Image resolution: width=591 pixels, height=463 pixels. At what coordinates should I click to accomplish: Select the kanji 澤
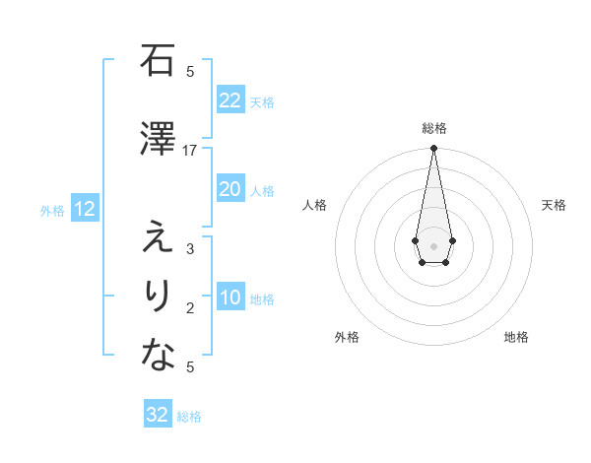157,139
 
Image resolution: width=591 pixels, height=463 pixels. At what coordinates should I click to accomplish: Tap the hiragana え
157,237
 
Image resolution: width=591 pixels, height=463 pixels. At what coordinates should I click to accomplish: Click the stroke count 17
190,151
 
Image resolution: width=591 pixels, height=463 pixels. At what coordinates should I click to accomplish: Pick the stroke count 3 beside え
190,249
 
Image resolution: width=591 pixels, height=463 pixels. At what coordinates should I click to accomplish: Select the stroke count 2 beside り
190,308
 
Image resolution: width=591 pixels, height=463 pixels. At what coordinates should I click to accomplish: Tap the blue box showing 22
230,100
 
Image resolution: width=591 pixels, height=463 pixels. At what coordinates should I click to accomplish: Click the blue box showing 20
230,189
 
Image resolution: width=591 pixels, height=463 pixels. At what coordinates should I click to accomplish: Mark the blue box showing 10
230,298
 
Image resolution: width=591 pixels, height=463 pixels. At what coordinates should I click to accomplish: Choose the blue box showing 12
84,209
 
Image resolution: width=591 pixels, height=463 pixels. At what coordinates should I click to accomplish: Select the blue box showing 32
157,415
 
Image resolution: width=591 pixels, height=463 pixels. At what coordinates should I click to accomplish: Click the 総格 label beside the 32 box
189,417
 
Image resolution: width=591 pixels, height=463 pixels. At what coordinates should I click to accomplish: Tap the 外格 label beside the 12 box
52,210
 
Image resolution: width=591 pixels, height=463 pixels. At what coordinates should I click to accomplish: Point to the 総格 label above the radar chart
433,129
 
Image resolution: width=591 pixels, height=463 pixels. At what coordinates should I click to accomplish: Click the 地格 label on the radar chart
516,338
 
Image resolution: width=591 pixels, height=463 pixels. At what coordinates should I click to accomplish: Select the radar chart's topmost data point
433,149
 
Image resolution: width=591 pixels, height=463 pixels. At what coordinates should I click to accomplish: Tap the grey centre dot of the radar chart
433,244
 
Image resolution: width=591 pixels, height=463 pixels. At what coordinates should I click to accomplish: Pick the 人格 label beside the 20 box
262,190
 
